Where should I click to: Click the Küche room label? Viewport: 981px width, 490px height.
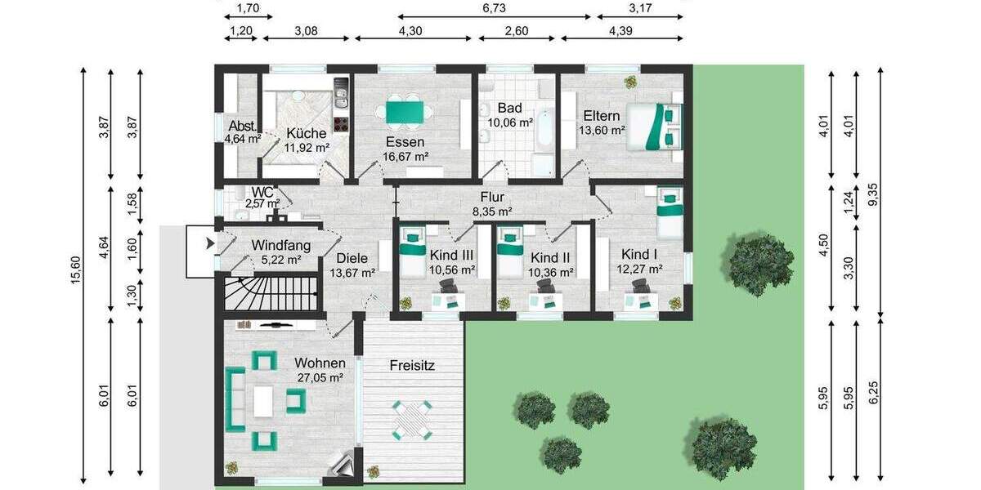[307, 133]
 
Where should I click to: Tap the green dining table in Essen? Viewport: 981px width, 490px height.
[406, 111]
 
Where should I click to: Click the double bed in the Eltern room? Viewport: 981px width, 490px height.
[653, 127]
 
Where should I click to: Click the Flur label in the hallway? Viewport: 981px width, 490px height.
[493, 197]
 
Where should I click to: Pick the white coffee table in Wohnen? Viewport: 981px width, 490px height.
[263, 401]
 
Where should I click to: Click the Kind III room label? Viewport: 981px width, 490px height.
[451, 255]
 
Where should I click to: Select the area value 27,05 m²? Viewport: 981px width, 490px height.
[320, 377]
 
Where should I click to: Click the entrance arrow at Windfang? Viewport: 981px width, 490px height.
[210, 243]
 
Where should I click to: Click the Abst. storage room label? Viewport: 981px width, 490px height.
[242, 127]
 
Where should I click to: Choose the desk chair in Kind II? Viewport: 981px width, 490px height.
[544, 285]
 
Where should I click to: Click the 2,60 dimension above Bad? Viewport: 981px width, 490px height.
[517, 31]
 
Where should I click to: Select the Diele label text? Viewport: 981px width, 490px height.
[353, 257]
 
